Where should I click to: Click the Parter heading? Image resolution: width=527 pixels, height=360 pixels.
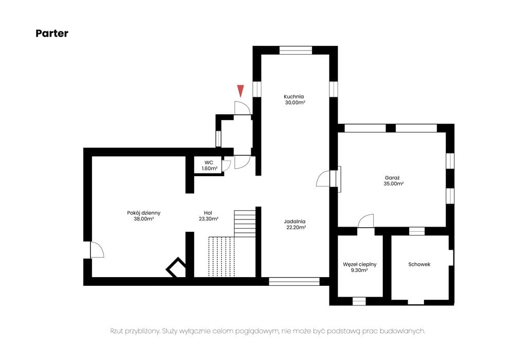pos(52,33)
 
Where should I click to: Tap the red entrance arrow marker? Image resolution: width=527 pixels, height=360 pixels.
pos(240,91)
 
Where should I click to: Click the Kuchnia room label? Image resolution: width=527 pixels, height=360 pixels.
pos(294,96)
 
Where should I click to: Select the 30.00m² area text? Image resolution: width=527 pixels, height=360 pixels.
pos(295,102)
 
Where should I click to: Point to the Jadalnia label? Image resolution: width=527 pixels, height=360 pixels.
pos(295,221)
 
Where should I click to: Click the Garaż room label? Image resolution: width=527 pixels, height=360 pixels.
pos(392,178)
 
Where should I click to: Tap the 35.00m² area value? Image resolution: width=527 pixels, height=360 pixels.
pos(394,184)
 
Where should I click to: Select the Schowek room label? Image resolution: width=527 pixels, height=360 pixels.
pos(419,264)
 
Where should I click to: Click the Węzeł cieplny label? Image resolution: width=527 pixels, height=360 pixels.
pos(360,264)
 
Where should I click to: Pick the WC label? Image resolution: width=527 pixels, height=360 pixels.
pos(209,163)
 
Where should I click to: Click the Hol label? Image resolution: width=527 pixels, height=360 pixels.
pos(208,213)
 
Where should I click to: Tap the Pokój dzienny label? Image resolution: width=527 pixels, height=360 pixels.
pos(144,213)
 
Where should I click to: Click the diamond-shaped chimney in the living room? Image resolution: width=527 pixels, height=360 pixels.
pos(176,267)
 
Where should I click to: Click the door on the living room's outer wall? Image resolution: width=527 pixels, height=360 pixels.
pos(97,250)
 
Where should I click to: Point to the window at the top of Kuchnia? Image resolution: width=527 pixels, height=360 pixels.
pos(296,50)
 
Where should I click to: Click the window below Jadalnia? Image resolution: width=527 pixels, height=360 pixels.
pos(294,281)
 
